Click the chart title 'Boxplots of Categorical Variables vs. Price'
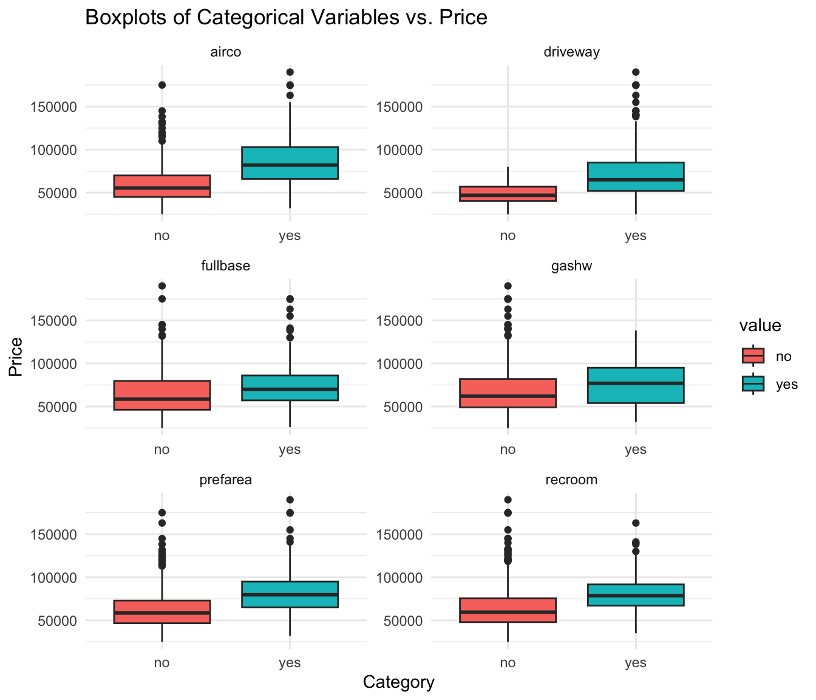[x=286, y=18]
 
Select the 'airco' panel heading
[x=225, y=52]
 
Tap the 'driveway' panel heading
[x=571, y=52]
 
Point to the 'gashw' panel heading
[x=571, y=266]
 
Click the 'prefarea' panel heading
[x=225, y=479]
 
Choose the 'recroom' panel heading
[x=571, y=479]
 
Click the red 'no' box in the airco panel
[x=162, y=186]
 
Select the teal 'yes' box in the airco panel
[x=290, y=163]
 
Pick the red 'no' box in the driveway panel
[x=508, y=193]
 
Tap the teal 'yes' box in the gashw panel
[x=636, y=385]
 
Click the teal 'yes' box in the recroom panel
[x=636, y=595]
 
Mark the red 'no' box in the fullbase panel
[x=162, y=395]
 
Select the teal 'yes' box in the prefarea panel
[x=290, y=594]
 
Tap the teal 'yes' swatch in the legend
[x=753, y=384]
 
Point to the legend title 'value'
[x=760, y=326]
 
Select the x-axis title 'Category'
[x=398, y=682]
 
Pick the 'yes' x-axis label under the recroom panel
[x=636, y=663]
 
